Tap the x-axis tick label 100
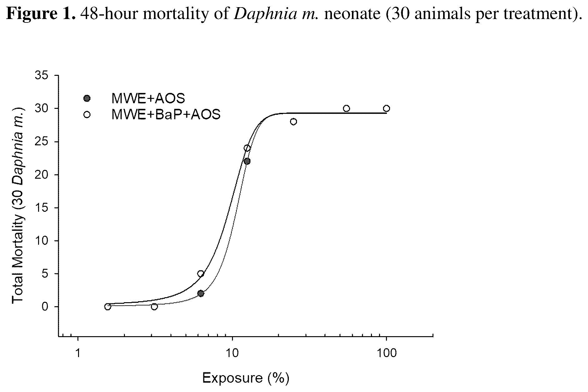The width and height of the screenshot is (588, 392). [x=387, y=353]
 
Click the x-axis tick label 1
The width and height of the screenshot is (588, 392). [x=78, y=353]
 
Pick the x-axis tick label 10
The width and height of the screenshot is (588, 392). [x=232, y=353]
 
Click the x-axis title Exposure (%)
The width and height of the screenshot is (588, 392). [x=245, y=378]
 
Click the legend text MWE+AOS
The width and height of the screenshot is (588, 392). [x=148, y=99]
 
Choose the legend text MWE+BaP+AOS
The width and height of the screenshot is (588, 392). [x=166, y=115]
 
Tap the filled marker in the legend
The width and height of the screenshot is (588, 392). [x=87, y=99]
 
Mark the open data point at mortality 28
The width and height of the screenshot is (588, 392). [x=293, y=122]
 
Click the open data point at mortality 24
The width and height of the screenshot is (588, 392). [x=247, y=148]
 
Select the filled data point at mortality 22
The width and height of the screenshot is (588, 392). [x=247, y=161]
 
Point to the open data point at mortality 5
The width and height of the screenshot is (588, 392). [x=201, y=274]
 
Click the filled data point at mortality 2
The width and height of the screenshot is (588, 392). [x=201, y=293]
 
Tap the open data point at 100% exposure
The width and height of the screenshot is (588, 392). [x=386, y=109]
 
